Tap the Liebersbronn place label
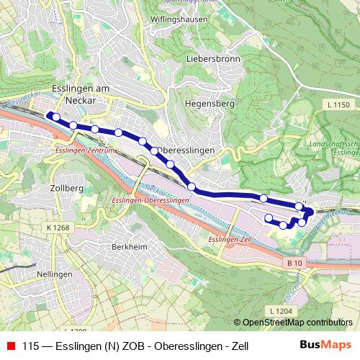213,59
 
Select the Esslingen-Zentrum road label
85,152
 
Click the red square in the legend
11,347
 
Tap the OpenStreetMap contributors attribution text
297,323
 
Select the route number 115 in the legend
32,347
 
